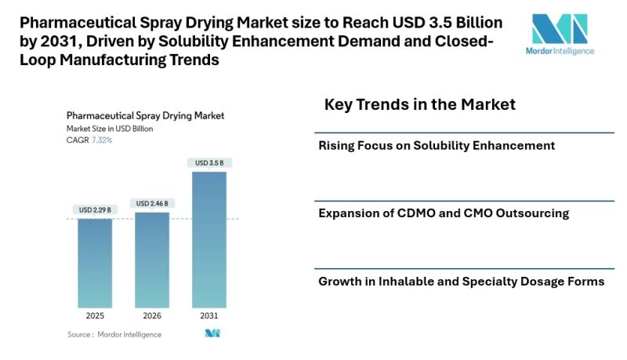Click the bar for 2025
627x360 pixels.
click(x=94, y=263)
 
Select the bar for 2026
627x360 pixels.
click(x=152, y=259)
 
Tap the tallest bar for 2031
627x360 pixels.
click(x=209, y=239)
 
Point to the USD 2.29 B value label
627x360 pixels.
click(x=94, y=209)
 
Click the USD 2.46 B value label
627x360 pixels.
click(x=152, y=203)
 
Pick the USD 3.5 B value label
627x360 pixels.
click(x=209, y=162)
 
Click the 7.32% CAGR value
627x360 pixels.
click(x=102, y=140)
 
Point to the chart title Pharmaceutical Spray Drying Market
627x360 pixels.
click(x=145, y=115)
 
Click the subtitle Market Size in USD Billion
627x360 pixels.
click(x=110, y=128)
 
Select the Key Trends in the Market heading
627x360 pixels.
click(x=419, y=104)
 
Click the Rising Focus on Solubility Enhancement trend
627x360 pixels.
click(x=437, y=145)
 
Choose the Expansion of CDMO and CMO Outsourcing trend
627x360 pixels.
click(x=444, y=213)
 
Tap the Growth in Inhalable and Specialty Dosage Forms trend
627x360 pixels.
click(x=461, y=281)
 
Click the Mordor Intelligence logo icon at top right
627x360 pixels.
click(x=559, y=30)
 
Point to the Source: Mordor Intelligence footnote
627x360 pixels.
click(x=114, y=334)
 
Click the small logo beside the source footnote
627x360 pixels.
click(x=212, y=334)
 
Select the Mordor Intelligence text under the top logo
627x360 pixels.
click(x=560, y=52)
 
